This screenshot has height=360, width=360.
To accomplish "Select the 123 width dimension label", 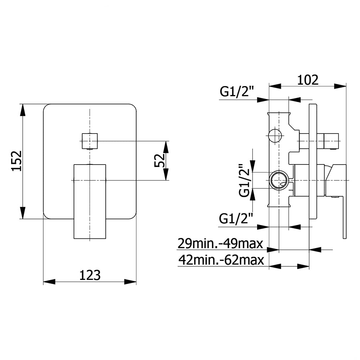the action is pyautogui.click(x=90, y=275).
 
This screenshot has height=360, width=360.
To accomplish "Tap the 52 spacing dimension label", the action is pyautogui.click(x=160, y=160).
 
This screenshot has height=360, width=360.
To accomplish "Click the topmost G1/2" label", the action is pyautogui.click(x=237, y=91).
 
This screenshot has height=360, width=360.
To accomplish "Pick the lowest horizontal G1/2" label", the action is pyautogui.click(x=236, y=219).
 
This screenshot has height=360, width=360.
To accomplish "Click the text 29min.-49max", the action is pyautogui.click(x=220, y=244).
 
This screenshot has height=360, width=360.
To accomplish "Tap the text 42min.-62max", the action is pyautogui.click(x=221, y=260).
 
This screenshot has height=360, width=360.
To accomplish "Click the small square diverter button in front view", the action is pyautogui.click(x=90, y=141).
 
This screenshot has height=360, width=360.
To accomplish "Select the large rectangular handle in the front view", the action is pyautogui.click(x=90, y=202).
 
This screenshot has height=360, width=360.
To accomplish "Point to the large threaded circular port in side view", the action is pyautogui.click(x=279, y=180).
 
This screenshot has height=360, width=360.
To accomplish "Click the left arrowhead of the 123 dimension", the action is pyautogui.click(x=49, y=282).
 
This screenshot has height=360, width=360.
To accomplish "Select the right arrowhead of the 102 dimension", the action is pyautogui.click(x=340, y=86).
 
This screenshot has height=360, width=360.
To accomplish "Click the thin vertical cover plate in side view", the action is pyautogui.click(x=313, y=162).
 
